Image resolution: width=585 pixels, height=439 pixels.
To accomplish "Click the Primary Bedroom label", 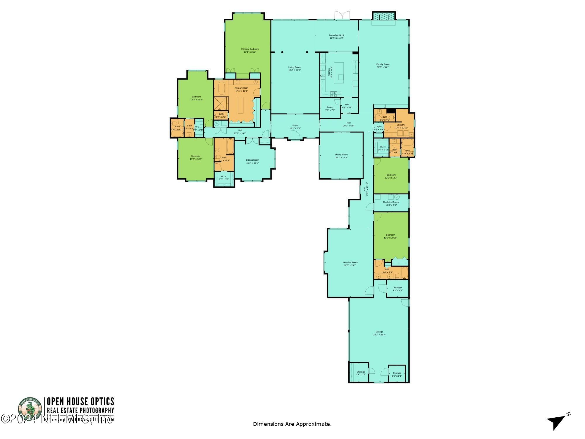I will [x=250, y=50].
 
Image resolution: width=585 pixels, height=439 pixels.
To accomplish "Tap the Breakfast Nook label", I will [x=337, y=36].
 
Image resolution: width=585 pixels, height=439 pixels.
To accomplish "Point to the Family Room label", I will [x=383, y=66].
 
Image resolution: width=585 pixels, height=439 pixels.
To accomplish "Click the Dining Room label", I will [x=341, y=156].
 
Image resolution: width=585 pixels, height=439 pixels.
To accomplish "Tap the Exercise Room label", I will [x=350, y=264].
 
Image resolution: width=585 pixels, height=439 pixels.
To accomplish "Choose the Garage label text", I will [x=379, y=333].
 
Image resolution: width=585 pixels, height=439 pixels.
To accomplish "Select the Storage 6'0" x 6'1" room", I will [x=397, y=374].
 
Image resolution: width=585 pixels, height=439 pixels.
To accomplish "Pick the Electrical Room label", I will [x=391, y=203].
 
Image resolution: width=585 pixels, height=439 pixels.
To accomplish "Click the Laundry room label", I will [x=401, y=126].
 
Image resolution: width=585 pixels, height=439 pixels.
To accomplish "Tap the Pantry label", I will [x=330, y=109].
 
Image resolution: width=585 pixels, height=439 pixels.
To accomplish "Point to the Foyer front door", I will [x=295, y=136].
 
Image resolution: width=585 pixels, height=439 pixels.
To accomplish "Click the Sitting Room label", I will [x=252, y=161].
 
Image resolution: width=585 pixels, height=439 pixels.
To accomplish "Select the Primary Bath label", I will [x=241, y=89].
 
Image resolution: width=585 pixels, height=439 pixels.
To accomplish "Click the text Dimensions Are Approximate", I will [x=292, y=424].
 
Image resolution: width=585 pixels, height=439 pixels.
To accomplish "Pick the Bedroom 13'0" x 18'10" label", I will [x=390, y=236].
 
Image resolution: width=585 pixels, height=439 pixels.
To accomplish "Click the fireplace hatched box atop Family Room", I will [x=383, y=16].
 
